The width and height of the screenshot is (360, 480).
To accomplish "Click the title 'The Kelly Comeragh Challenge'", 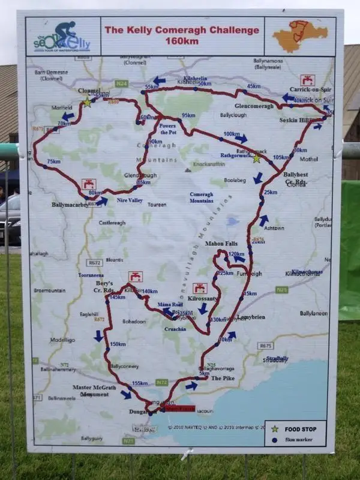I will point(182,30).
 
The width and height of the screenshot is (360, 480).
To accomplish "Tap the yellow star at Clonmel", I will point(87,102).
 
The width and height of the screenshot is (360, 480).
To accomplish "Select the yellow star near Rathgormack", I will point(257,158).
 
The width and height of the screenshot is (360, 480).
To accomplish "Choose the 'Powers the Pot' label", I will point(173,128).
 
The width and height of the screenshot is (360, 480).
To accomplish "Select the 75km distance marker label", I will point(54,162).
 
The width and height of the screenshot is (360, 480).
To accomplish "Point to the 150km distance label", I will point(118,344).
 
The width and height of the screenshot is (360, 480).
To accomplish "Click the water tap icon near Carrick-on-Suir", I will point(307,79).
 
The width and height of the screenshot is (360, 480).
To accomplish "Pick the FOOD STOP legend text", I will point(301,428).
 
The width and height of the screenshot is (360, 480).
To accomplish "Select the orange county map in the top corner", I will point(299,36).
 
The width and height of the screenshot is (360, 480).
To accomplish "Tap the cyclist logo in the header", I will point(65,33).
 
